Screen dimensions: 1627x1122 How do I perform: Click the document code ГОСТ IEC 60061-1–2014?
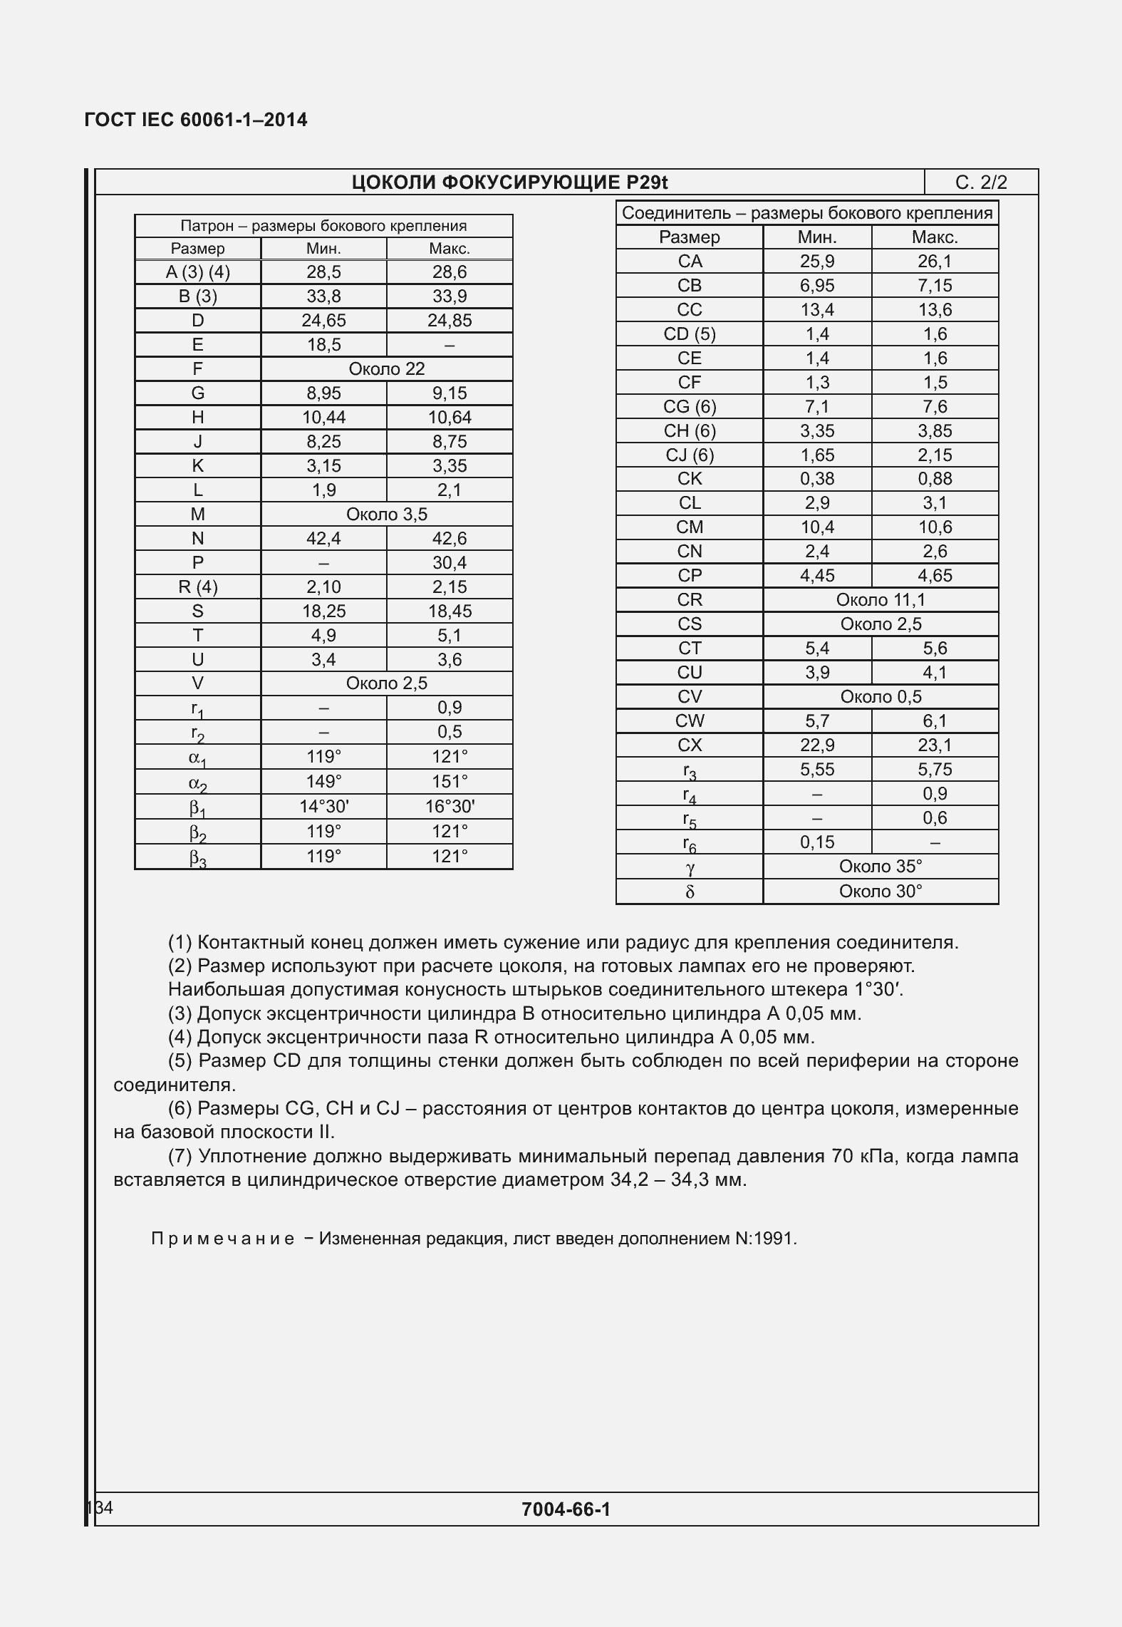(196, 120)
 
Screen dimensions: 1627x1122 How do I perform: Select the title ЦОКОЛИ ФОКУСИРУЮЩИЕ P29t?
(509, 183)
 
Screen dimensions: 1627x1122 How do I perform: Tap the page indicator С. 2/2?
(981, 183)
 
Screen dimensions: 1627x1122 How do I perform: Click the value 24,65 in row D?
(323, 321)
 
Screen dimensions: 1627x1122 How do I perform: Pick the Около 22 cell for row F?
(386, 369)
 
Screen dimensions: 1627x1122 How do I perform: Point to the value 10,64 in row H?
(450, 418)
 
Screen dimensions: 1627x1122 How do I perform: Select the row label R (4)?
(197, 587)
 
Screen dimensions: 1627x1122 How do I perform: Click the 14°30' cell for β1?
(323, 807)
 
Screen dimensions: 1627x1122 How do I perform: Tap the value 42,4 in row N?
(323, 539)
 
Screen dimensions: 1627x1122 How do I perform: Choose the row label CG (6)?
(689, 407)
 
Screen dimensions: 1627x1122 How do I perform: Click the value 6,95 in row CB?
(817, 286)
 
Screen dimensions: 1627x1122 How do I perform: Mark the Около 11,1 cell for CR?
(881, 600)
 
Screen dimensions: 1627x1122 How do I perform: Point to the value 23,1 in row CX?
(935, 745)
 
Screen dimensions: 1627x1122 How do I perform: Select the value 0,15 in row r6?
(817, 842)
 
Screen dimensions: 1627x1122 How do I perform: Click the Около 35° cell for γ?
(881, 867)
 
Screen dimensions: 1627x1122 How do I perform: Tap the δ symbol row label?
(689, 892)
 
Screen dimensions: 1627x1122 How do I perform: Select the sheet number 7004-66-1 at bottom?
(566, 1509)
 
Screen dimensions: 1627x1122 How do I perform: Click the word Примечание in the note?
(222, 1239)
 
